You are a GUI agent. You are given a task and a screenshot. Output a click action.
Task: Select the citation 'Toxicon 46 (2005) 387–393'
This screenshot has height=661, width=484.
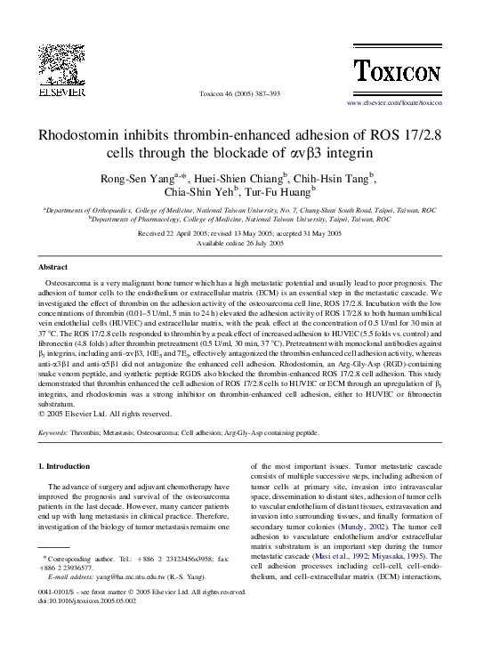(240, 93)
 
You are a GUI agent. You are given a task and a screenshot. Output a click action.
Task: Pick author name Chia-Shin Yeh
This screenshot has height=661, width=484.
(199, 192)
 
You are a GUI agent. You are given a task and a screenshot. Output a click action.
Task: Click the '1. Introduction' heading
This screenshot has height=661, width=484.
(66, 466)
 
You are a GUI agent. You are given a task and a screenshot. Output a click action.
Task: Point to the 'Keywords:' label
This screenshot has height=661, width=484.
(54, 432)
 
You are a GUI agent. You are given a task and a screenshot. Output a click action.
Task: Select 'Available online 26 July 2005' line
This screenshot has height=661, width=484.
(241, 243)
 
